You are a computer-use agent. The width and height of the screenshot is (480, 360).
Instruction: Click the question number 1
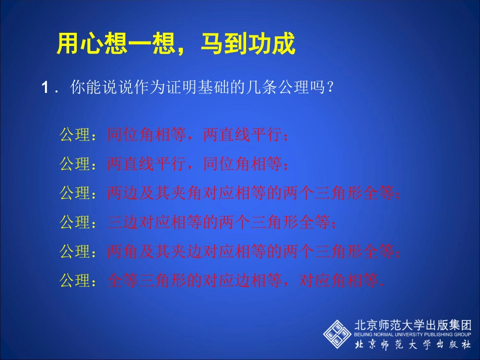point(45,89)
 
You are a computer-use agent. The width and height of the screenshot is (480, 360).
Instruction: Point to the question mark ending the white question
point(330,89)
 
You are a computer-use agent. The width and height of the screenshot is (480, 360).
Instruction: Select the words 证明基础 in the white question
point(200,89)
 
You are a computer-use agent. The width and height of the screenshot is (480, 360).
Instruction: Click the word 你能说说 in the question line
point(93,89)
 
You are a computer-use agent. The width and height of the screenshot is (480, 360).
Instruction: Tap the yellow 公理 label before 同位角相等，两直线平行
point(75,135)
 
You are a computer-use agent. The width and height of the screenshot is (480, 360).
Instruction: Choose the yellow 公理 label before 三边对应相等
point(75,222)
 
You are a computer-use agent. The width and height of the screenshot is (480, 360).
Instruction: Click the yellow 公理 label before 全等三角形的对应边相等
point(75,280)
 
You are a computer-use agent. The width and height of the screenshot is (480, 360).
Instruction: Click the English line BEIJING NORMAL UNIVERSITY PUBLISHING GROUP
point(413,334)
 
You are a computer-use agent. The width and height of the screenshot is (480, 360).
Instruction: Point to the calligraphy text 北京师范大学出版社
point(413,345)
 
